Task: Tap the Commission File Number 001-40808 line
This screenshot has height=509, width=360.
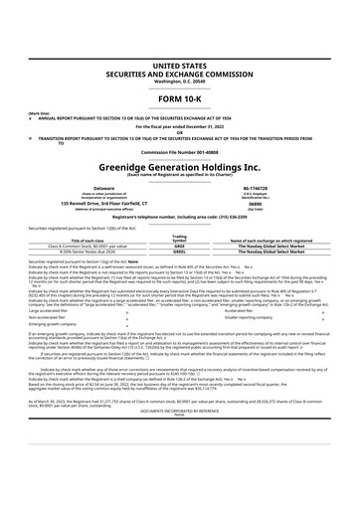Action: click(x=180, y=150)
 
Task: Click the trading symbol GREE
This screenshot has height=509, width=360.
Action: click(x=180, y=246)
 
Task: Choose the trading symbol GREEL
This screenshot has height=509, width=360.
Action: click(x=180, y=253)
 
